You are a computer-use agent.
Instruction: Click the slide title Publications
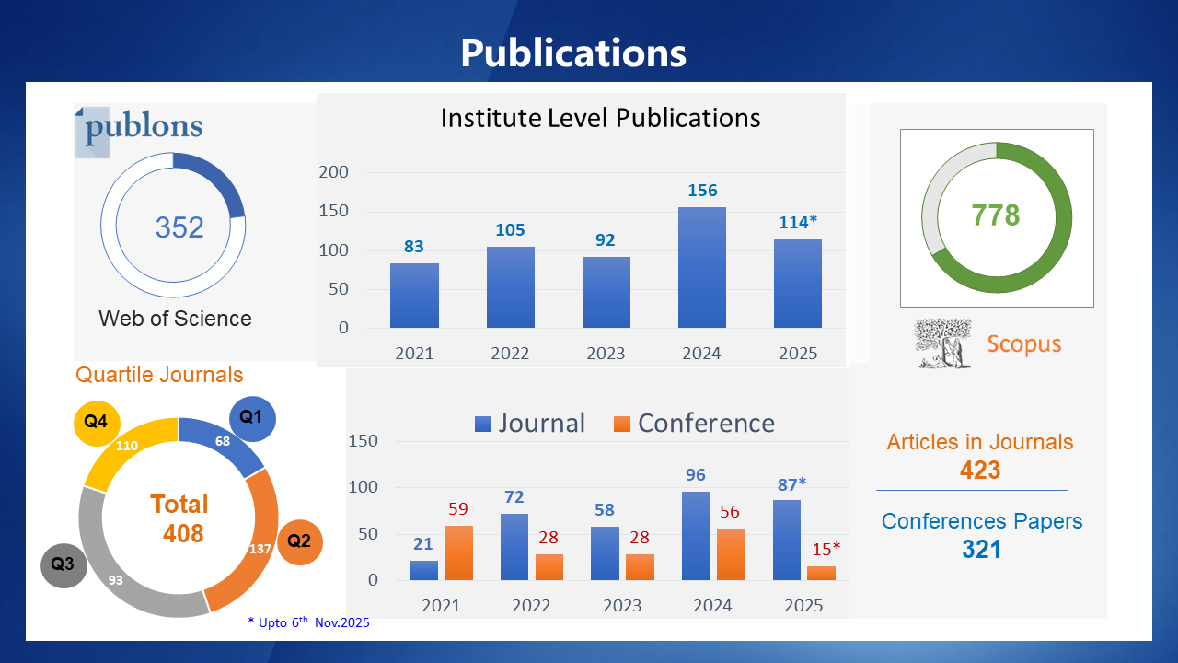[x=573, y=52]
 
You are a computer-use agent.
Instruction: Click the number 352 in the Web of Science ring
[x=179, y=227]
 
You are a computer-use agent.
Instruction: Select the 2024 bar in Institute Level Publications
[x=701, y=267]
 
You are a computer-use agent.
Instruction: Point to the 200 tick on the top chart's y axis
[x=333, y=172]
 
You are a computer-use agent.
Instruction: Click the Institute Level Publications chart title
[x=600, y=118]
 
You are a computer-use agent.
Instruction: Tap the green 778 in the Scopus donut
[x=996, y=215]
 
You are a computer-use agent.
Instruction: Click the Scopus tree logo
[x=943, y=343]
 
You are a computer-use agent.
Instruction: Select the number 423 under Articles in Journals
[x=979, y=470]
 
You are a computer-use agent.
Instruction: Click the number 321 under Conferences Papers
[x=981, y=550]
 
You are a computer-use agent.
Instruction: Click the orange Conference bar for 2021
[x=459, y=552]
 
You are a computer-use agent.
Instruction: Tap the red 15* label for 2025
[x=826, y=550]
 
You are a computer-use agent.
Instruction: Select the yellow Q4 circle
[x=97, y=422]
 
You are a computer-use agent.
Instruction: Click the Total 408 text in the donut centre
[x=180, y=518]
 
